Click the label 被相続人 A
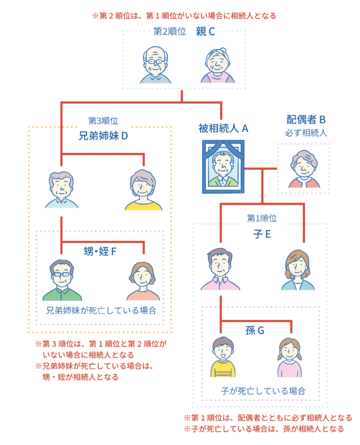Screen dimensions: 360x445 coord(223,128)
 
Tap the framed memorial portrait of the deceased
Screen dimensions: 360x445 coord(223,167)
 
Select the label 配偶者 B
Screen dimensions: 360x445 coord(306,119)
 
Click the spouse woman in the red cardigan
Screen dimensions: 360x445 coord(304,169)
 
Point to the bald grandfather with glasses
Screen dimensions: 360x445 coord(156,65)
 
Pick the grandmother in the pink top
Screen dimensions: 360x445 coord(217,65)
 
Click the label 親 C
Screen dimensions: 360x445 coord(205,32)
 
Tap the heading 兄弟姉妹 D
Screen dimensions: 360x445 coord(103,136)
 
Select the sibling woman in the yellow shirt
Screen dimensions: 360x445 coord(143,190)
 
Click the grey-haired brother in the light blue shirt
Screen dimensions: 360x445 coord(62,190)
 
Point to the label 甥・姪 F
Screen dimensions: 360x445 coord(100,251)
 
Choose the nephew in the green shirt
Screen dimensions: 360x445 coord(62,280)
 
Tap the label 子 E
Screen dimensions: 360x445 coord(262,234)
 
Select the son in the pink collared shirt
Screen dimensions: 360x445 coord(220,269)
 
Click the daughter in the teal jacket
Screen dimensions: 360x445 coord(298,270)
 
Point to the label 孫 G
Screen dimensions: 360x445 coord(255,330)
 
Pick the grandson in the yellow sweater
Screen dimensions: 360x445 coord(223,357)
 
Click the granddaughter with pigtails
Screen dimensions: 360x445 coord(289,357)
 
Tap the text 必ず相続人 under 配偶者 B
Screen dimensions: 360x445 coord(306,132)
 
